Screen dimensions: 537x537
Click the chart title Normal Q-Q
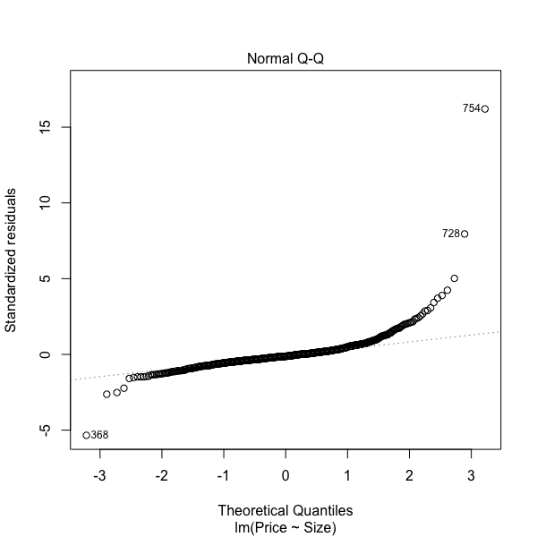(x=285, y=59)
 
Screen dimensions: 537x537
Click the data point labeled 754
(x=484, y=109)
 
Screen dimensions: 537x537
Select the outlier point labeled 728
(x=465, y=234)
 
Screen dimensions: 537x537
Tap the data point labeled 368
(x=86, y=435)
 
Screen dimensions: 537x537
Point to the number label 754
(x=471, y=109)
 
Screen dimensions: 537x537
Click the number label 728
(x=450, y=234)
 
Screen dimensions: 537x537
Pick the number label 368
(x=100, y=436)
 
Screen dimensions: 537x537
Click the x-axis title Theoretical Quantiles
(x=285, y=510)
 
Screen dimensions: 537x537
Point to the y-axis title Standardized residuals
(x=13, y=260)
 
